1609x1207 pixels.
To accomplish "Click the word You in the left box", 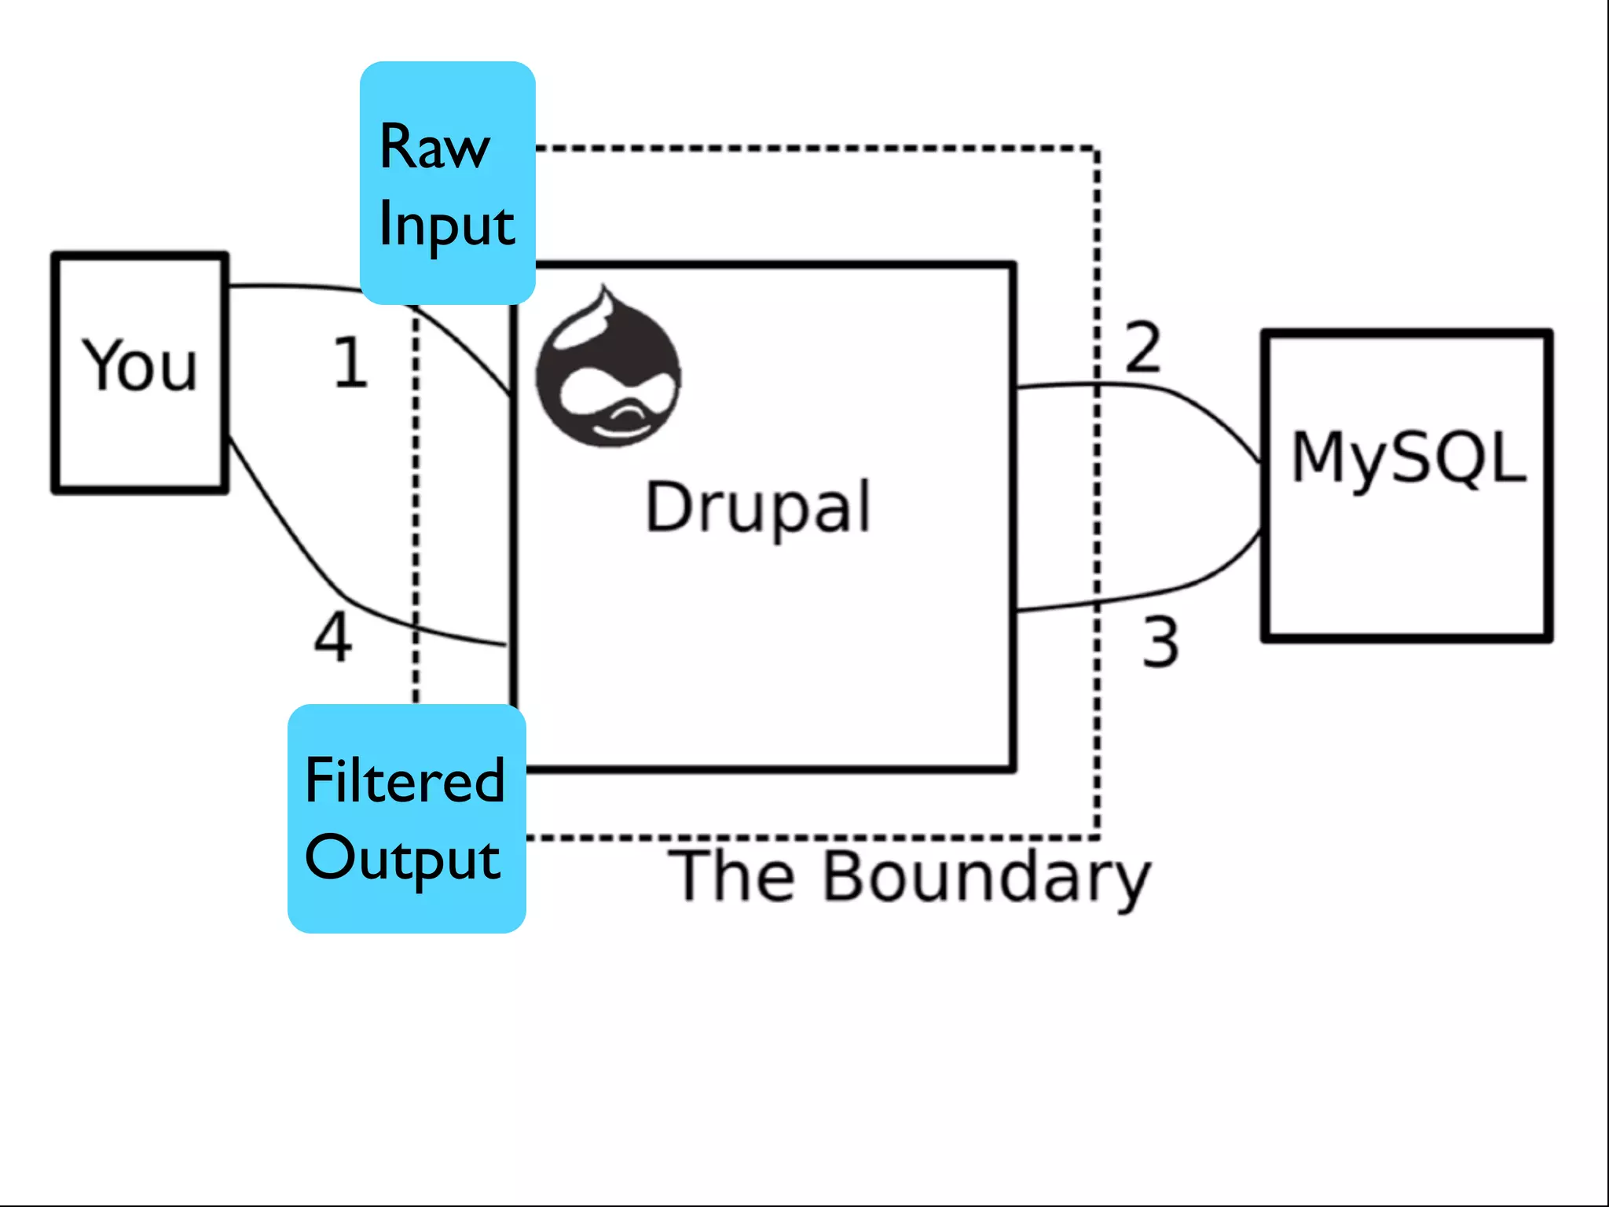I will tap(140, 365).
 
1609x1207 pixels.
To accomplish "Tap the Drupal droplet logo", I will tap(608, 369).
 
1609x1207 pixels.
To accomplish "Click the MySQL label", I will tap(1409, 459).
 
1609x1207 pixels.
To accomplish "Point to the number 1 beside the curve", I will tap(350, 362).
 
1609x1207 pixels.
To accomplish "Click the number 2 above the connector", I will tap(1142, 347).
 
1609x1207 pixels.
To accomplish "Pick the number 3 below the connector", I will tap(1160, 642).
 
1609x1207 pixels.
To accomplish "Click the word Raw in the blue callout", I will tap(434, 147).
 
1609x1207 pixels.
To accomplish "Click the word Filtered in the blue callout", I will tap(405, 781).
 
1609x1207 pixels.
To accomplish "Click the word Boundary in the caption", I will tap(987, 877).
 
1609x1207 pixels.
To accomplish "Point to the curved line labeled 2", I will tap(1194, 402).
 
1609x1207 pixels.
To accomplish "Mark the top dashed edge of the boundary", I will tap(817, 148).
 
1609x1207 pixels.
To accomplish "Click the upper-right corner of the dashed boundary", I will tap(1097, 149).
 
